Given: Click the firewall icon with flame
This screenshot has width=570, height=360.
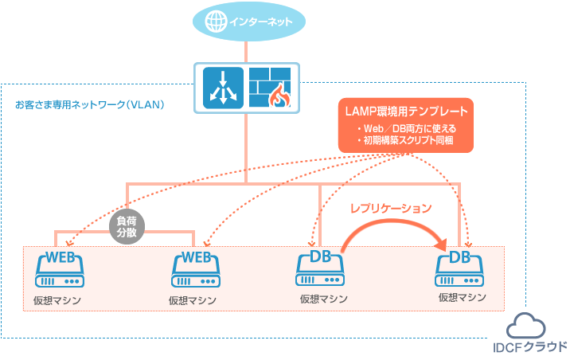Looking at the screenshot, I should [x=269, y=87].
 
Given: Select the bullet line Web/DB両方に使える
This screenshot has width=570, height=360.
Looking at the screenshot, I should [x=406, y=127].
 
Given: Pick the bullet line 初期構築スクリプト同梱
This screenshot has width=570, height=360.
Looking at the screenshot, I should [x=406, y=139].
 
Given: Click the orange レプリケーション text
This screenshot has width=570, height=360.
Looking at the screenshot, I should [x=392, y=209].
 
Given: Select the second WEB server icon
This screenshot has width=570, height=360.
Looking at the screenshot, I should [x=196, y=271].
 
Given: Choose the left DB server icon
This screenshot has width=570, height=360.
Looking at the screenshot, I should [x=321, y=271].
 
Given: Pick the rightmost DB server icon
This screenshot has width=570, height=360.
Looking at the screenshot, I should [x=459, y=271].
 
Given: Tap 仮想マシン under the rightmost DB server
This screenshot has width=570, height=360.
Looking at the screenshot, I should [x=462, y=297].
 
